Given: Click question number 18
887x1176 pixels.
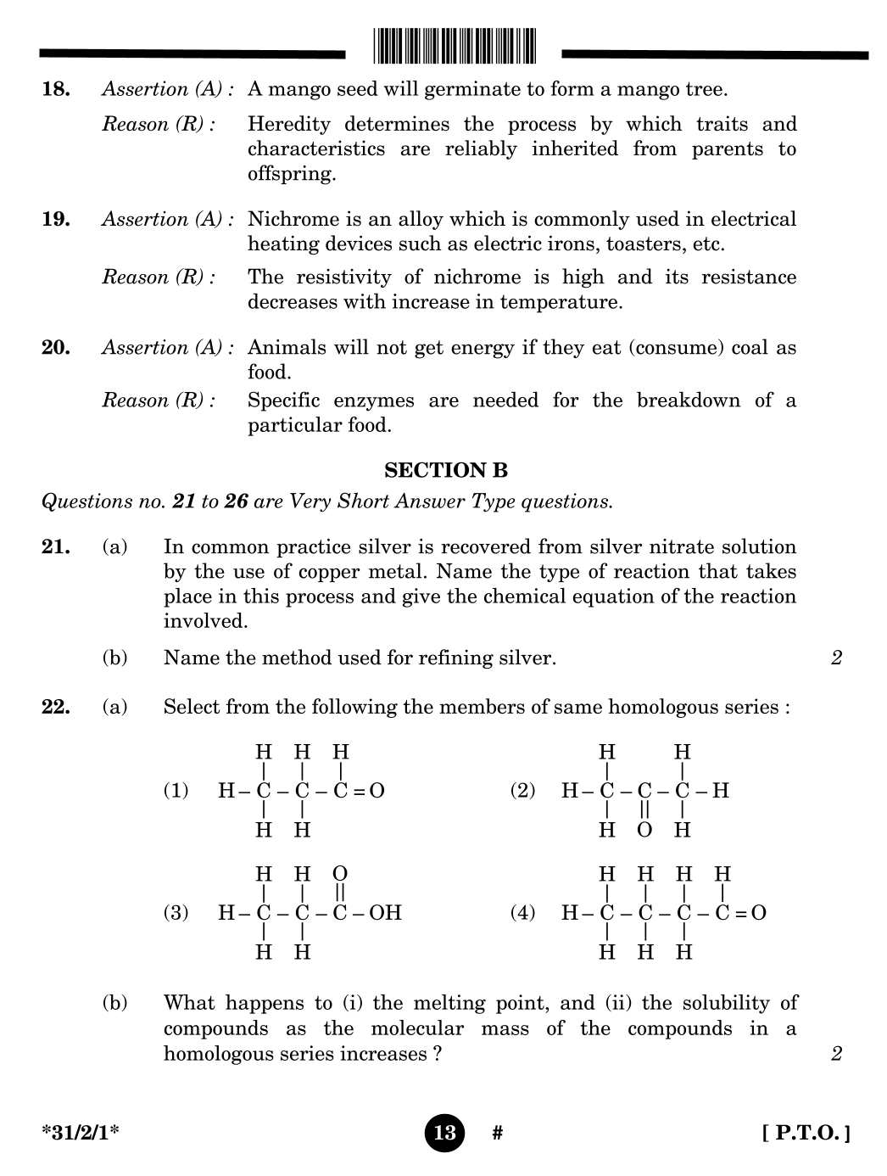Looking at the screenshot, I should [x=56, y=89].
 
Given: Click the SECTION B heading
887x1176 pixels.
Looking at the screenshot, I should [x=445, y=470].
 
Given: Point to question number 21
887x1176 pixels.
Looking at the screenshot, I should [x=56, y=546].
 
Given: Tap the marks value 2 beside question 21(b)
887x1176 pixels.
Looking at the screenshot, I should [x=836, y=658].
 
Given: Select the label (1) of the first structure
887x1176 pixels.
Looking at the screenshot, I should [x=176, y=791].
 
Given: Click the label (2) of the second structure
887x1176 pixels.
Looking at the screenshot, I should [x=522, y=791].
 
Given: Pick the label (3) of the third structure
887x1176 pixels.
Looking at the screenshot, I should [x=176, y=913].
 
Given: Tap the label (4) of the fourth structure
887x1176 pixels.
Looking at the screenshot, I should [x=522, y=913].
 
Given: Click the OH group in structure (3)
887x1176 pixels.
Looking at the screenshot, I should [x=385, y=913].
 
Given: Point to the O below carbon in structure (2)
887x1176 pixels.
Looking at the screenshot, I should [x=644, y=830].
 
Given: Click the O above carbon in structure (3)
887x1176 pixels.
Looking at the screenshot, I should [x=340, y=874].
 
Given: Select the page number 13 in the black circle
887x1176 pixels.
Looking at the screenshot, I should [x=444, y=1133].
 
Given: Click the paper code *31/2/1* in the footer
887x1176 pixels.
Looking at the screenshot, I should [x=80, y=1133].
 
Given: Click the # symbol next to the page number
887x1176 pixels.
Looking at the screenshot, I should [x=498, y=1133].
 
